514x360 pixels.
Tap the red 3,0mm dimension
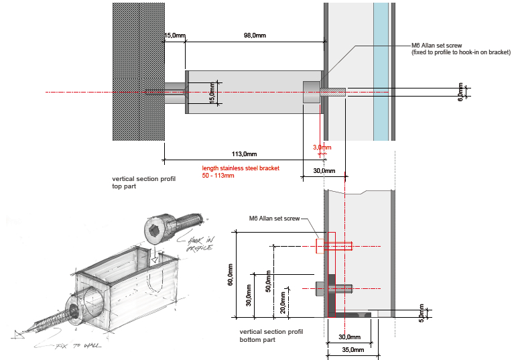322,147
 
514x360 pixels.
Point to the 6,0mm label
460,92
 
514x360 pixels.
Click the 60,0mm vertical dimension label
231,275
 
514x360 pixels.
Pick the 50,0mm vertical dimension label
269,282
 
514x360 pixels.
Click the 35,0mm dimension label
352,349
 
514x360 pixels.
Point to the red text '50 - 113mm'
218,176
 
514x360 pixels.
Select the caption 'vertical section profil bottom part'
271,336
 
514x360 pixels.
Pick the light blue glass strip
381,70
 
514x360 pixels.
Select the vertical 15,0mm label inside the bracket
212,93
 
